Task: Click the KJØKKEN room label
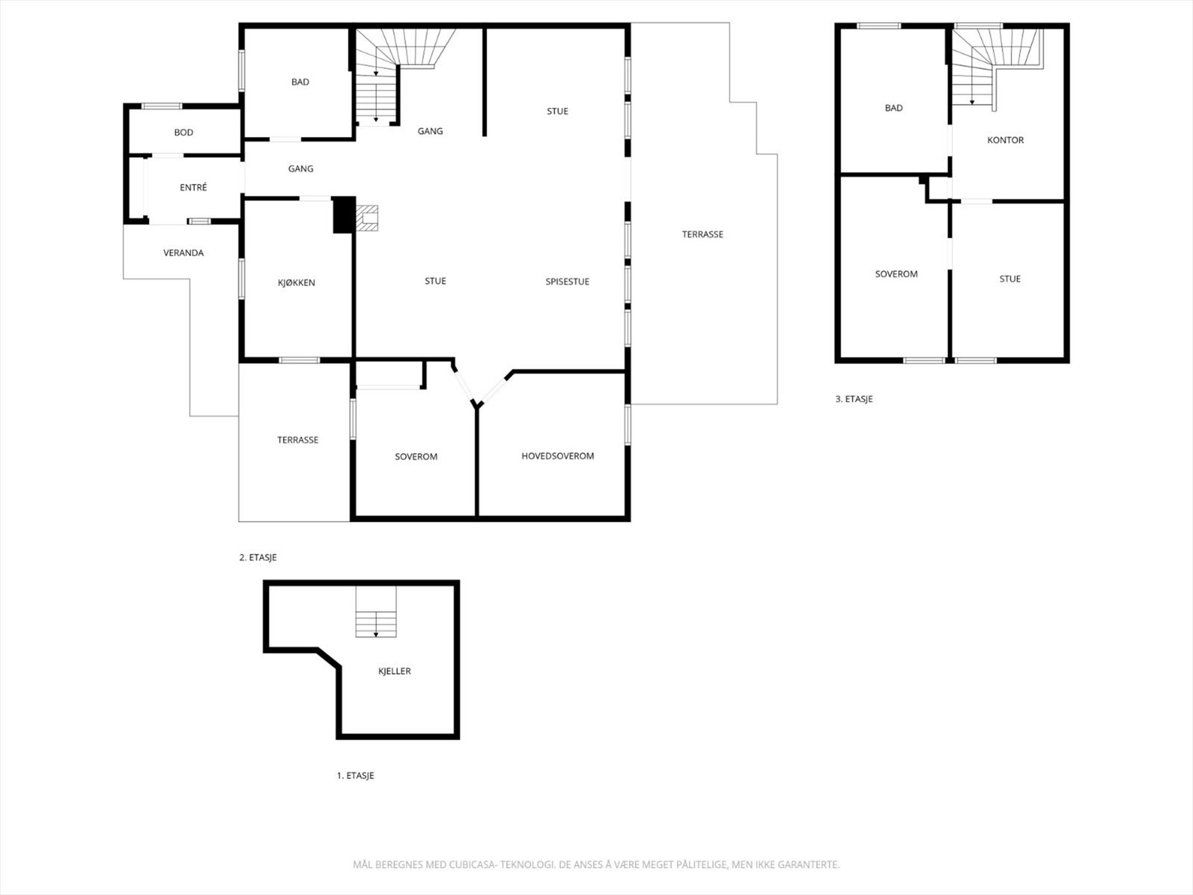pyautogui.click(x=296, y=283)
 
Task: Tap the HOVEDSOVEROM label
pyautogui.click(x=557, y=456)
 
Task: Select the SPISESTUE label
pyautogui.click(x=567, y=281)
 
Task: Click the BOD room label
pyautogui.click(x=183, y=133)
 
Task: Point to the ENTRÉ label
pyautogui.click(x=193, y=188)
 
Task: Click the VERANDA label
pyautogui.click(x=183, y=253)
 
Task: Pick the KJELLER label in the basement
pyautogui.click(x=394, y=671)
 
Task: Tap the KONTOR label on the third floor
pyautogui.click(x=1005, y=140)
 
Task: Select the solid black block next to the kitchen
pyautogui.click(x=342, y=215)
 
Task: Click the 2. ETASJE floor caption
pyautogui.click(x=258, y=557)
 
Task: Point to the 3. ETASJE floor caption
pyautogui.click(x=854, y=399)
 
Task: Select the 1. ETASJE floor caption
pyautogui.click(x=355, y=776)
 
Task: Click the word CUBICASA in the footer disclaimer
pyautogui.click(x=473, y=865)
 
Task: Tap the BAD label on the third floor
pyautogui.click(x=893, y=108)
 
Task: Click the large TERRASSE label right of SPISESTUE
pyautogui.click(x=702, y=234)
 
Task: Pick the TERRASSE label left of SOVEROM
pyautogui.click(x=298, y=440)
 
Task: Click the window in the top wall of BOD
pyautogui.click(x=162, y=106)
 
